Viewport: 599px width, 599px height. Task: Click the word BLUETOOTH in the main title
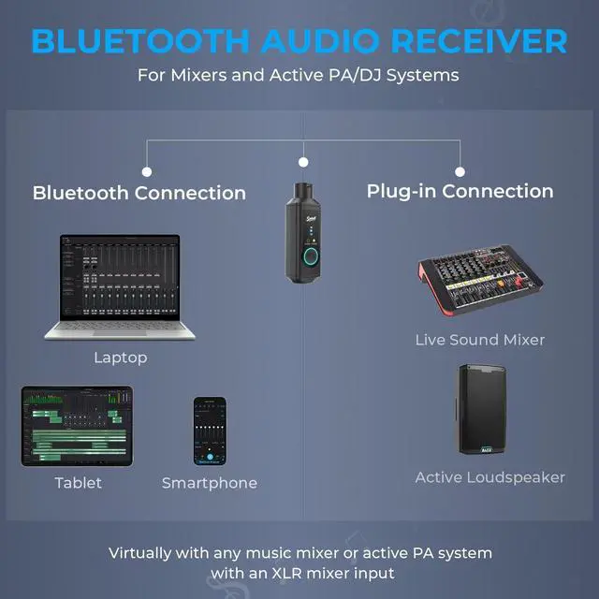point(140,41)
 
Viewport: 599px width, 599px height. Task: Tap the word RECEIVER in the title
point(479,41)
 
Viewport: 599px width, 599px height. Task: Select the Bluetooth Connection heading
point(139,193)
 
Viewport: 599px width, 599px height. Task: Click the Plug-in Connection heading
point(460,191)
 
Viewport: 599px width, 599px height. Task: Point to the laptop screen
point(120,277)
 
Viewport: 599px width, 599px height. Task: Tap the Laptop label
point(121,358)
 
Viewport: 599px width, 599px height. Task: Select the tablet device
point(77,426)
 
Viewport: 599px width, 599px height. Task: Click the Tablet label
point(79,483)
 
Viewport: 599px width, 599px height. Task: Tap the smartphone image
point(210,431)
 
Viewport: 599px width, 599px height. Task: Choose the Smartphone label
point(210,483)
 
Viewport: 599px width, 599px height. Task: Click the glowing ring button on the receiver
point(311,256)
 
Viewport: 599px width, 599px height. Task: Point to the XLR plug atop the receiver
point(302,192)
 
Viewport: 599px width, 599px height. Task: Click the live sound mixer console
point(480,281)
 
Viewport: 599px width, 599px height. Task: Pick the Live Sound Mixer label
point(480,340)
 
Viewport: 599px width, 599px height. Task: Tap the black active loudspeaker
point(481,409)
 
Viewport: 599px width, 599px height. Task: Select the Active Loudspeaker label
point(490,478)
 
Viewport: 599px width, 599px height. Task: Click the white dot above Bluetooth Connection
point(147,172)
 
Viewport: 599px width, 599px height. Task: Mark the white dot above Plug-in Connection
point(460,172)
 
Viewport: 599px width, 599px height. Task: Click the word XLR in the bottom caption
point(286,574)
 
